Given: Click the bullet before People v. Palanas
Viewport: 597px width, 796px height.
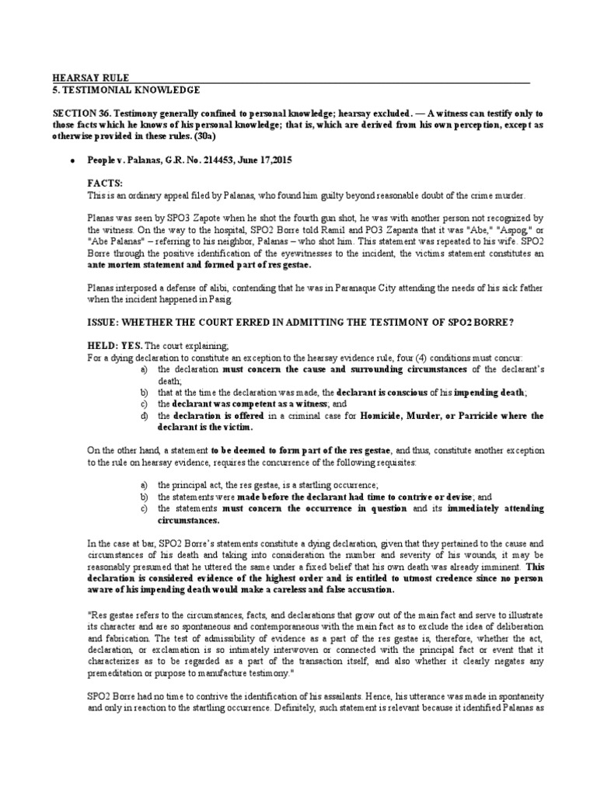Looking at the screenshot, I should pyautogui.click(x=72, y=160).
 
